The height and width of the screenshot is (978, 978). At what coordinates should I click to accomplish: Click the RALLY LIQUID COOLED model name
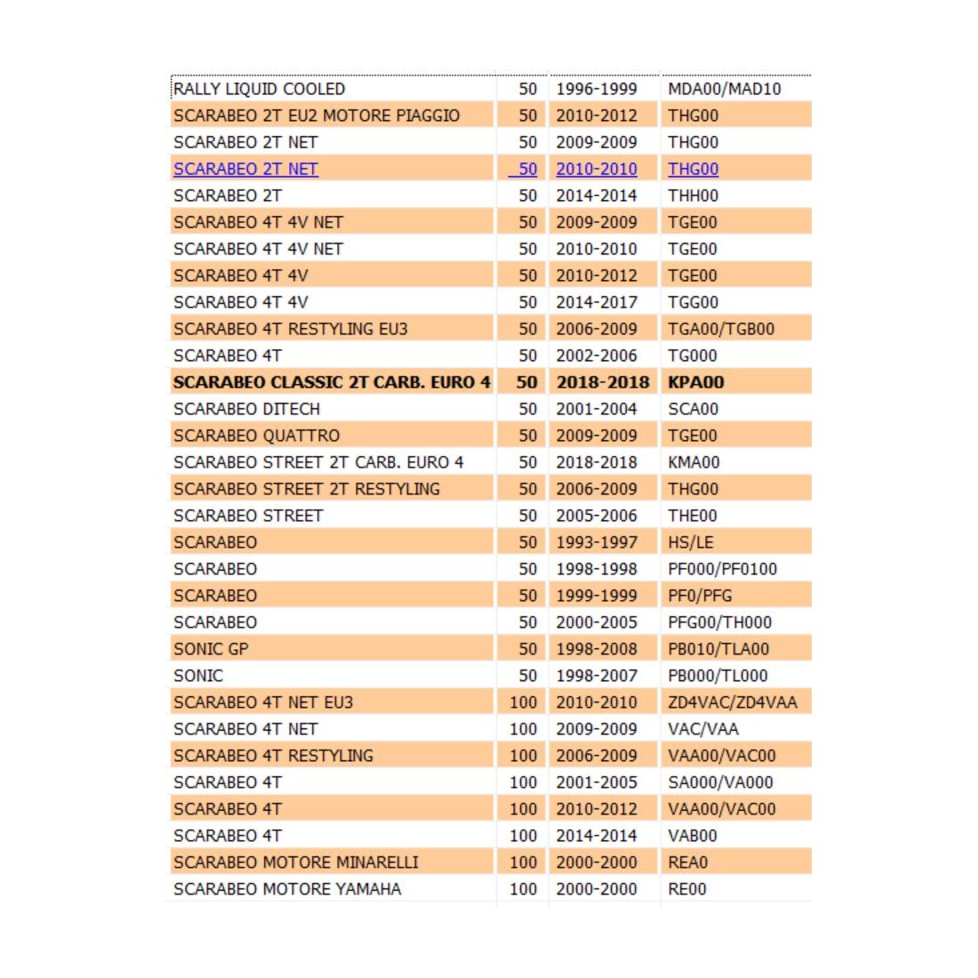point(259,89)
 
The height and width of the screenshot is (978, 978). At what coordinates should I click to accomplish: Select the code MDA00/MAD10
point(724,89)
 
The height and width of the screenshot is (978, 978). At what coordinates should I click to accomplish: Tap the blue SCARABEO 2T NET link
point(245,169)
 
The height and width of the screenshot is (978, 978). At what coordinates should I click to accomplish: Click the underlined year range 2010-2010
point(596,169)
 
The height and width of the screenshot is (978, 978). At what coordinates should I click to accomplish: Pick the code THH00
point(693,196)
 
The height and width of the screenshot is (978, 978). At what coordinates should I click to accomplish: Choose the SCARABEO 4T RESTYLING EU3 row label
point(290,329)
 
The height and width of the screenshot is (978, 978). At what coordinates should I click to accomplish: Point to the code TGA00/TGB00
point(720,329)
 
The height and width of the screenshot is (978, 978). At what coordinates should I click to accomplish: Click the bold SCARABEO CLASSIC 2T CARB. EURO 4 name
point(332,382)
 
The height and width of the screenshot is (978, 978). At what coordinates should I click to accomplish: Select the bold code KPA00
point(695,382)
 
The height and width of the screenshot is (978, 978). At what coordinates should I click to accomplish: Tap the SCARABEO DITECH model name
point(246,409)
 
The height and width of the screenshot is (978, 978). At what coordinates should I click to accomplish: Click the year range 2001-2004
point(596,409)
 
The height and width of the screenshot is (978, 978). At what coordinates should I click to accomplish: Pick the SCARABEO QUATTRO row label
point(256,436)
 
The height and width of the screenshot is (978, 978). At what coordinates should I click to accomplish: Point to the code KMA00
point(693,462)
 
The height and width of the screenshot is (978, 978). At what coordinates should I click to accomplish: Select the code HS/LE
point(690,542)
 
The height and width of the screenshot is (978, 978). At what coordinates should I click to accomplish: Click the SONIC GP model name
point(211,649)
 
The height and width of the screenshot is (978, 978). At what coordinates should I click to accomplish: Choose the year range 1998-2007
point(596,676)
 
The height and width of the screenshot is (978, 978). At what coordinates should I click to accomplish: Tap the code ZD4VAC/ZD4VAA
point(732,702)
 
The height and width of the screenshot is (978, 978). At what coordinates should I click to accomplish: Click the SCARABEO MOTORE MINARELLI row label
point(295,862)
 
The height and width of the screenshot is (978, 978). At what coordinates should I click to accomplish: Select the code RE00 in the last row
point(686,889)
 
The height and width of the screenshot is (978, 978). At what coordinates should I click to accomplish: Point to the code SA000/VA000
point(720,782)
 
